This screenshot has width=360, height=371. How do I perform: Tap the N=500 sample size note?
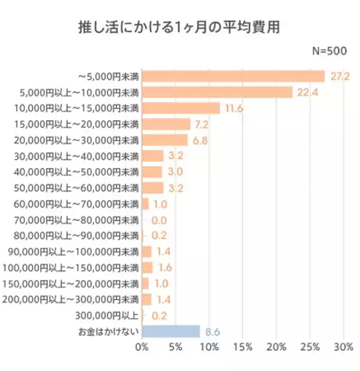pos(329,52)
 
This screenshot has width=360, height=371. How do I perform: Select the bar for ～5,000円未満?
pos(233,76)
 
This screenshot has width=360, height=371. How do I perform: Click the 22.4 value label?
pos(305,92)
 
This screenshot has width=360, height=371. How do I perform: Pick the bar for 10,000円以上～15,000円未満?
pos(181,108)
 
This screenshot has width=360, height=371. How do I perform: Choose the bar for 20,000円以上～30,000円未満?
pos(165,140)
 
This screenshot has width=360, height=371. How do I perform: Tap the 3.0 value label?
pos(175,172)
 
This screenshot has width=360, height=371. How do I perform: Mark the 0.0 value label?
pos(158,220)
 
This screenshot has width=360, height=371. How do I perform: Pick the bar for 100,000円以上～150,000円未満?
pos(148,267)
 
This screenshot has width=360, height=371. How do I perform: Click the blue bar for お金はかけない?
pos(171,331)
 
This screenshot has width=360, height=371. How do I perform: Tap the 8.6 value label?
pos(213,331)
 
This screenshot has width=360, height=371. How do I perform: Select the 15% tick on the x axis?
pos(242,348)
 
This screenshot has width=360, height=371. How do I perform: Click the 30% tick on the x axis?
pos(343,348)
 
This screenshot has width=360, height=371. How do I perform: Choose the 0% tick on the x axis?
pos(142,348)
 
